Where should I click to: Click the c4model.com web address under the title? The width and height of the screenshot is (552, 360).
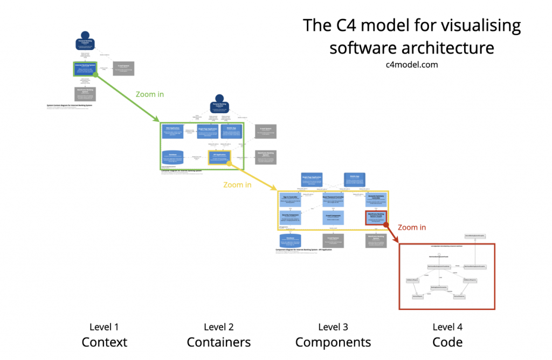click(x=411, y=64)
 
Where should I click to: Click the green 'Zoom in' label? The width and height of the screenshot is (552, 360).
click(x=150, y=94)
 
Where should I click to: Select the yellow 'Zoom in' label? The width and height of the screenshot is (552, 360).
click(x=237, y=185)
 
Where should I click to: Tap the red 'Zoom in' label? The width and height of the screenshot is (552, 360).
click(x=412, y=227)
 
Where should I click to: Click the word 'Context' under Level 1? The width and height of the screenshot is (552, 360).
click(x=104, y=342)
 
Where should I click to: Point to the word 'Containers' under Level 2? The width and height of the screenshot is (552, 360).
click(x=218, y=342)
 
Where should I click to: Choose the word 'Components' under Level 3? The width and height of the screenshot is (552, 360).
click(x=333, y=342)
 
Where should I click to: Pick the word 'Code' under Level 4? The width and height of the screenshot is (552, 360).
click(x=447, y=342)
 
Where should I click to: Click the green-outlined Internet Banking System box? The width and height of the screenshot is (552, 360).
click(x=85, y=68)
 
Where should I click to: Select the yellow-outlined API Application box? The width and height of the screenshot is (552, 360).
click(x=219, y=157)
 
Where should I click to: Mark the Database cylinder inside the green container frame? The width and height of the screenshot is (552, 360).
click(x=172, y=157)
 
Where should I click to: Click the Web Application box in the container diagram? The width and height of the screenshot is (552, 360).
click(x=172, y=131)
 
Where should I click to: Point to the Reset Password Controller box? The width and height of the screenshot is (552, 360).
click(x=333, y=200)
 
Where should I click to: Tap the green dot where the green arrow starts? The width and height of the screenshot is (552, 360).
click(x=96, y=75)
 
